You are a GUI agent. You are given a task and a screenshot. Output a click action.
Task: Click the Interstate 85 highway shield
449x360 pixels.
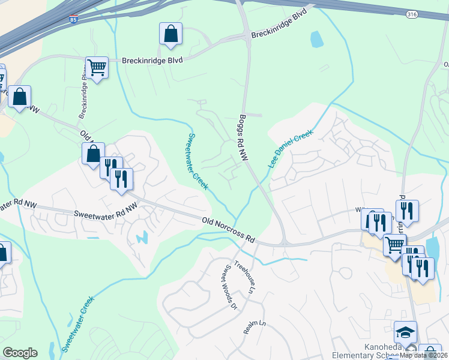pyautogui.click(x=73, y=20)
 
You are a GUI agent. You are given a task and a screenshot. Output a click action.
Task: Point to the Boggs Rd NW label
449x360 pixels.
pyautogui.click(x=244, y=137)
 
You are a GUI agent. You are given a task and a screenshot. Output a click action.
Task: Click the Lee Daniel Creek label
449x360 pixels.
pyautogui.click(x=291, y=148)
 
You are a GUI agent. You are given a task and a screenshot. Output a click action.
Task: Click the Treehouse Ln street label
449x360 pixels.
pyautogui.click(x=244, y=280)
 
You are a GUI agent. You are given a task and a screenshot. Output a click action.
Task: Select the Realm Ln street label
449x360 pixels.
pyautogui.click(x=254, y=327)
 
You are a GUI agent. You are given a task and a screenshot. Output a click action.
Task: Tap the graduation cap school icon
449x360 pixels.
pyautogui.click(x=405, y=332)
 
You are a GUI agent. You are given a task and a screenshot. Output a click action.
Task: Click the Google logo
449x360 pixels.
pyautogui.click(x=20, y=353)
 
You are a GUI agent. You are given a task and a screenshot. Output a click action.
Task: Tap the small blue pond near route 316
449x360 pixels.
pyautogui.click(x=316, y=39)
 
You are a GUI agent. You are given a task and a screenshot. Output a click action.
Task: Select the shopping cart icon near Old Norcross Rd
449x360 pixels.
pyautogui.click(x=394, y=244)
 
